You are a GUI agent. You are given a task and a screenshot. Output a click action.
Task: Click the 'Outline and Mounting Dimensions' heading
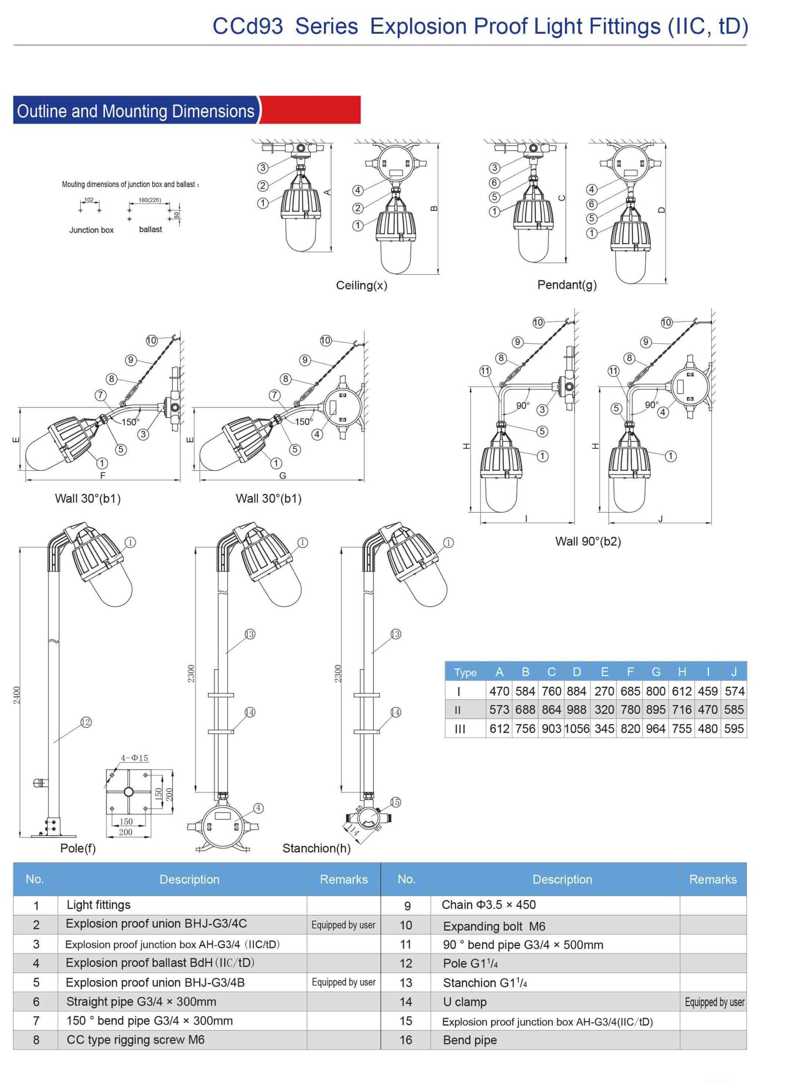pos(135,111)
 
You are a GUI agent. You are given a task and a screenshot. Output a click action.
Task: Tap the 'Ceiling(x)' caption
pos(362,285)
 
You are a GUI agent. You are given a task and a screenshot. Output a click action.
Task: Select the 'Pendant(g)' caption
pos(567,285)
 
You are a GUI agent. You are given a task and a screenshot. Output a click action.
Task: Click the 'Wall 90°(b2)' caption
pos(588,541)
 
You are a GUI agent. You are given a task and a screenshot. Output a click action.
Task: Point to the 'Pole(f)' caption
pos(78,848)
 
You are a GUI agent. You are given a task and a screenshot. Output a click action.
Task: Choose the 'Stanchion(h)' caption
pos(316,848)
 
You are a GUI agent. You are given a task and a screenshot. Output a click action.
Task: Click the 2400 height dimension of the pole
pos(17,695)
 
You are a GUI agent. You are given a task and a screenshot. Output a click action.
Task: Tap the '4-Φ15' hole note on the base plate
pos(134,758)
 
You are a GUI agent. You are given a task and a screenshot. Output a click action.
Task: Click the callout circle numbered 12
pos(86,722)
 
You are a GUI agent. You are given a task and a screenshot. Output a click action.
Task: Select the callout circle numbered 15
pos(395,802)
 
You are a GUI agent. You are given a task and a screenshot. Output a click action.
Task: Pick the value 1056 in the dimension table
pos(576,729)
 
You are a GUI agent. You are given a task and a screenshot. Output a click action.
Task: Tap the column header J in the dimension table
pos(734,672)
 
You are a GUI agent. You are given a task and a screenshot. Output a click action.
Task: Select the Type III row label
pos(460,729)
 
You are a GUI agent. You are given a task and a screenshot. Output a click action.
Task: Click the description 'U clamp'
pos(465,1002)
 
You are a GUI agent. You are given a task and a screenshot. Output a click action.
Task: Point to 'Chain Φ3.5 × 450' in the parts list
pos(488,904)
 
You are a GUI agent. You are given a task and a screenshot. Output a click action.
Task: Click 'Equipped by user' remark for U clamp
pos(715,1002)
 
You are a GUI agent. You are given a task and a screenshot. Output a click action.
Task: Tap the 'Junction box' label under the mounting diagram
pos(91,230)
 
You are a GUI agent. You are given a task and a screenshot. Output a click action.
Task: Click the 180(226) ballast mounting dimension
pos(150,200)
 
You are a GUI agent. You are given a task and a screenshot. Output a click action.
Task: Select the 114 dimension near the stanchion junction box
pos(354,830)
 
